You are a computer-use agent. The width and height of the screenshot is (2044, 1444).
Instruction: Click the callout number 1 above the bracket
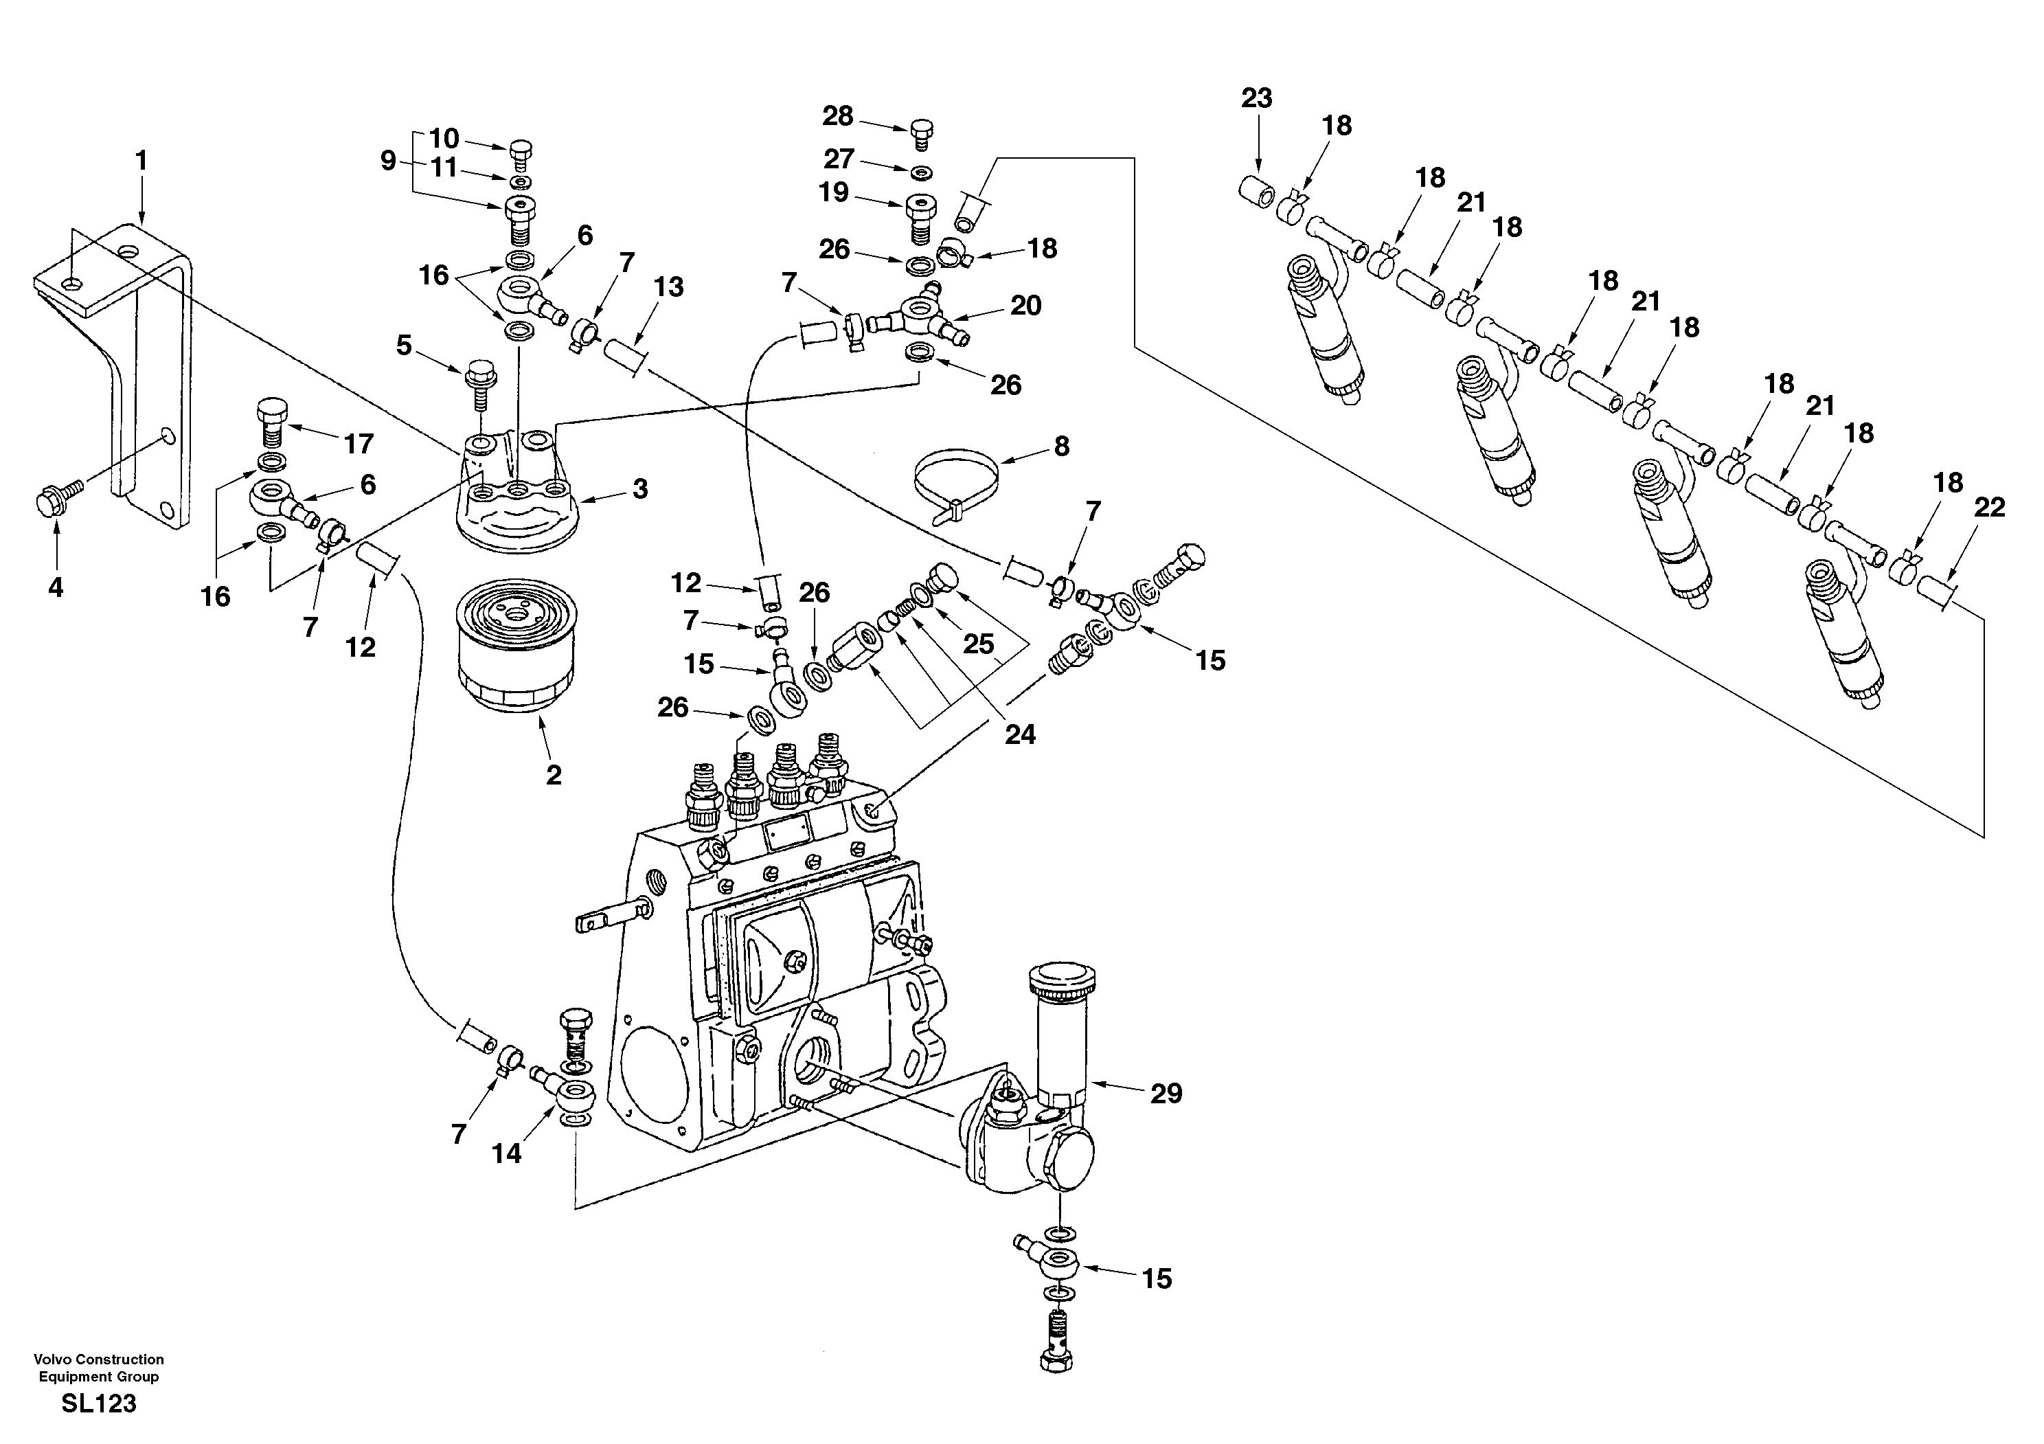coord(141,161)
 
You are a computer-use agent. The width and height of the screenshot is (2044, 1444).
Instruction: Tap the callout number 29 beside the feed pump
coord(1166,1093)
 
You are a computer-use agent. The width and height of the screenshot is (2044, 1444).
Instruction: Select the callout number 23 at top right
coord(1256,98)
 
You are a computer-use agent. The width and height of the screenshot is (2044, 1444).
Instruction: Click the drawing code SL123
coord(99,1404)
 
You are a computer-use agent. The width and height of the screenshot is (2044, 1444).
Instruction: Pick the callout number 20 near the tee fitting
coord(1025,306)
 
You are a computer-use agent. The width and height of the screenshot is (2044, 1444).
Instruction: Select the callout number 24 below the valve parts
coord(1019,734)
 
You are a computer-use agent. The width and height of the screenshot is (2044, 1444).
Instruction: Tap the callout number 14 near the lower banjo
coord(507,1154)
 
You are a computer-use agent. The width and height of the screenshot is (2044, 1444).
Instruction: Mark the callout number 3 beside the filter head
coord(640,488)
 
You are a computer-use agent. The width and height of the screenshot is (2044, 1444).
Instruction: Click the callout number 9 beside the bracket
coord(388,161)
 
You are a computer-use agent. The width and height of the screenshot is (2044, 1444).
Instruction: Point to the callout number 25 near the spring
coord(978,644)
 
